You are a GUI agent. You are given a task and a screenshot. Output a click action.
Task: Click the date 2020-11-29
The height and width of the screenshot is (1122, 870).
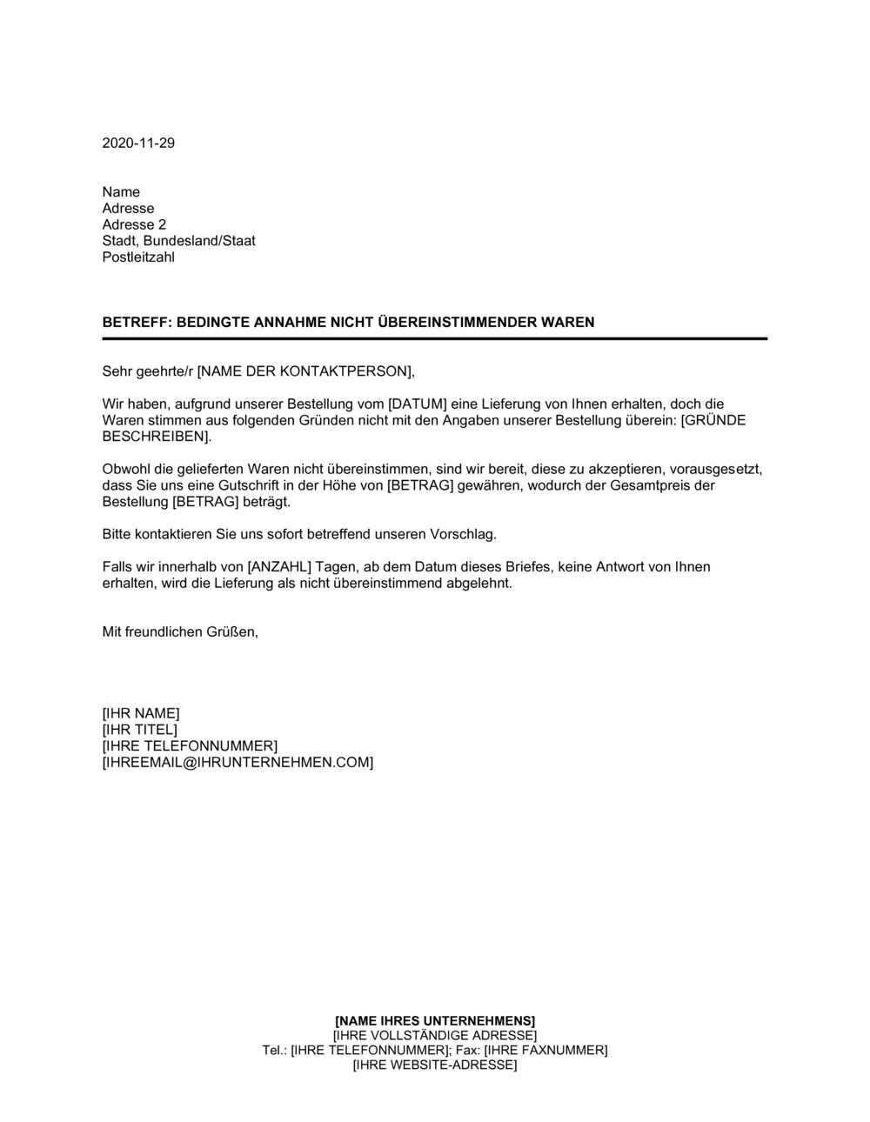click(138, 144)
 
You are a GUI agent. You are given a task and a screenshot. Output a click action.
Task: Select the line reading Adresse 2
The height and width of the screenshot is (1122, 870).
click(134, 224)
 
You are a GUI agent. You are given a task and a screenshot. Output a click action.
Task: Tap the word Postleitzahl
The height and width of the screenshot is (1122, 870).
click(138, 257)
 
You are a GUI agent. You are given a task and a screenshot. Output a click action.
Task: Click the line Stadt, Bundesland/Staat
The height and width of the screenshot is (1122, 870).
click(178, 241)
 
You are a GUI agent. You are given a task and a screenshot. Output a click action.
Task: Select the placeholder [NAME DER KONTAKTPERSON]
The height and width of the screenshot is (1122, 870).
click(304, 371)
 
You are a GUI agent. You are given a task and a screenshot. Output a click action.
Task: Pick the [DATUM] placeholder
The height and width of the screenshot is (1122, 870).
click(417, 404)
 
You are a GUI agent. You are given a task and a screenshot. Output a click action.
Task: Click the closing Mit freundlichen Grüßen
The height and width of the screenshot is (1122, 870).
click(180, 632)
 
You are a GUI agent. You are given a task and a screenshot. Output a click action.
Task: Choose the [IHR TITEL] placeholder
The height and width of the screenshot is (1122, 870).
click(139, 730)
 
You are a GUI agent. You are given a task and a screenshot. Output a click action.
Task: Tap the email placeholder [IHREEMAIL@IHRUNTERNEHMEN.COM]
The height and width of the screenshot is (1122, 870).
click(238, 763)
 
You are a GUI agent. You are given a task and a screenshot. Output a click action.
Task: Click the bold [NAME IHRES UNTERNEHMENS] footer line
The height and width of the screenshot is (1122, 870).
click(435, 1020)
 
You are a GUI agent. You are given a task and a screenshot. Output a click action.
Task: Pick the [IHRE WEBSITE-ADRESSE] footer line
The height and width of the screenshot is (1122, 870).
click(435, 1065)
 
